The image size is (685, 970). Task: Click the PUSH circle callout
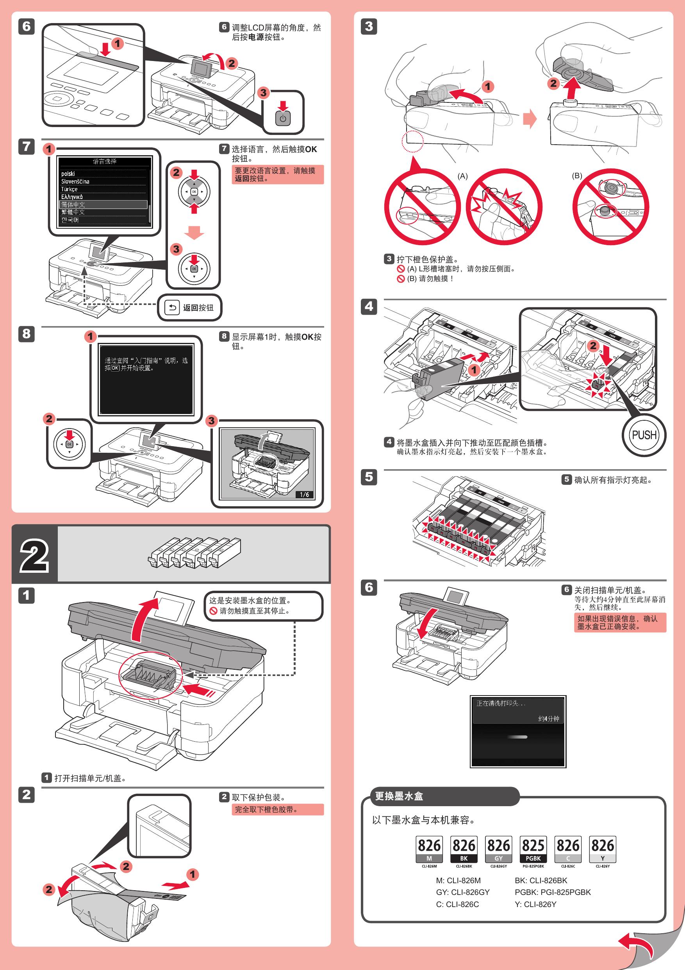(644, 435)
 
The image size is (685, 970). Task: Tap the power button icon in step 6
(283, 118)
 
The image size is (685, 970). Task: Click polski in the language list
(68, 174)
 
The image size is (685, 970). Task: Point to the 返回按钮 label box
(190, 308)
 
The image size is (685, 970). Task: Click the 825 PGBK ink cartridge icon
(533, 849)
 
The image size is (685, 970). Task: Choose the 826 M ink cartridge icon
(429, 849)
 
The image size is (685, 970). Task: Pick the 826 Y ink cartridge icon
(602, 849)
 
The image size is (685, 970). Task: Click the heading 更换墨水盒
(399, 796)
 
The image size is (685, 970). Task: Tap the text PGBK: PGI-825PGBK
(553, 892)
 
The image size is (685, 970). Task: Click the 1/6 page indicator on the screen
(304, 494)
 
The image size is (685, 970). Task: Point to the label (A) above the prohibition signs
(462, 176)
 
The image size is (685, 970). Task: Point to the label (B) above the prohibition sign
(576, 176)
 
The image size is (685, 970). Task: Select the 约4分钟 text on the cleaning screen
(548, 718)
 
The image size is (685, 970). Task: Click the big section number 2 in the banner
(34, 554)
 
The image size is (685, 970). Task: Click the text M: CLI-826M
(458, 880)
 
